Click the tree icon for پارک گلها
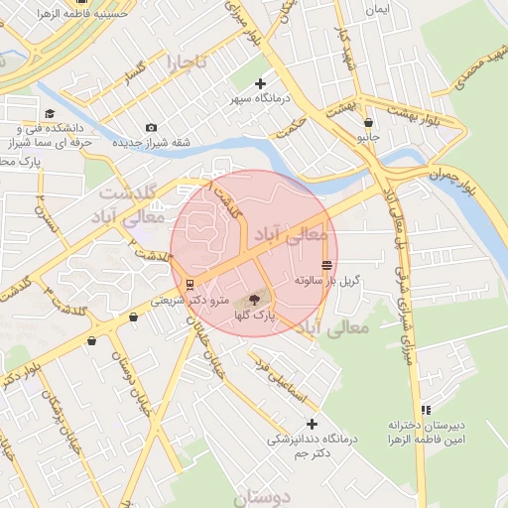pyautogui.click(x=254, y=299)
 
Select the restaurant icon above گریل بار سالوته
pyautogui.click(x=327, y=265)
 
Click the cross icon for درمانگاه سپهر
pyautogui.click(x=260, y=83)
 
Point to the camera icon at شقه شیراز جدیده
pyautogui.click(x=151, y=127)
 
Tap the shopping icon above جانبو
pyautogui.click(x=368, y=123)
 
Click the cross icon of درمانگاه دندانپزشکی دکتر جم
pyautogui.click(x=312, y=424)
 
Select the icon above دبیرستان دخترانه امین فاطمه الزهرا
pyautogui.click(x=426, y=410)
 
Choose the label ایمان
pyautogui.click(x=376, y=9)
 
